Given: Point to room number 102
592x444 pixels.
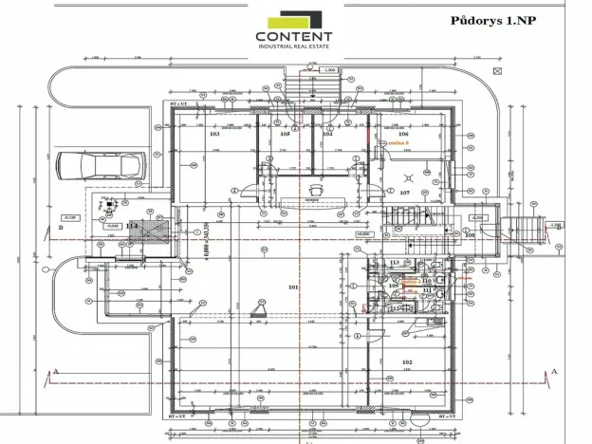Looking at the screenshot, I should [406, 362].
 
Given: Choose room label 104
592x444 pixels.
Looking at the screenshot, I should [327, 135].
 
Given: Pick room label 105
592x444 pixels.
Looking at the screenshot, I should [285, 135].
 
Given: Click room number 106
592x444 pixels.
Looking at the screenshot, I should [403, 135].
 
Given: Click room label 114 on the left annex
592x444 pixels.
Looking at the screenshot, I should [132, 225].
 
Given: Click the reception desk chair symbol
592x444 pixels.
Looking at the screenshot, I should [311, 188].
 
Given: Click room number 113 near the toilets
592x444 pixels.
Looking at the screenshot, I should [395, 261].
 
